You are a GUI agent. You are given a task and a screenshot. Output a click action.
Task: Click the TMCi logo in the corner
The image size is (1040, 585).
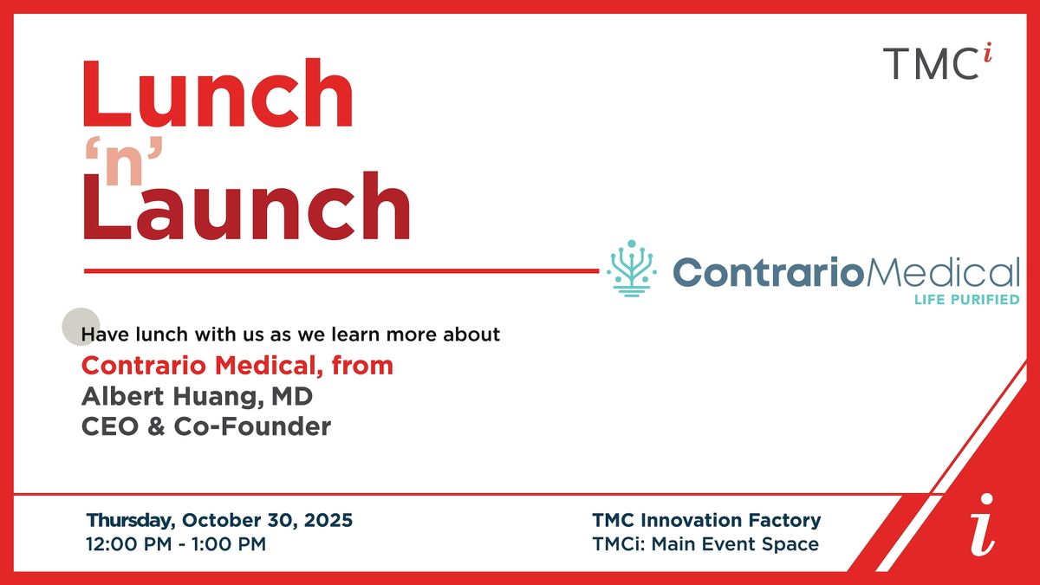coord(937,62)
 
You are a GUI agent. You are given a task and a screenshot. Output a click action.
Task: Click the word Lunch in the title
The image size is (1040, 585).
coord(218,93)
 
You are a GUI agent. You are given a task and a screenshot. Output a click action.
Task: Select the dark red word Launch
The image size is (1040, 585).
coord(246,205)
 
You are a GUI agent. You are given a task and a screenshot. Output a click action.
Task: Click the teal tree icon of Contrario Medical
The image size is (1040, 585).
coord(632,269)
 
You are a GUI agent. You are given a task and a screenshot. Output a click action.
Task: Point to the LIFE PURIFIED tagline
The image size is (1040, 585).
coord(966,300)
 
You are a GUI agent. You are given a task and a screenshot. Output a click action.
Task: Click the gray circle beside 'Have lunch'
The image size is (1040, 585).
coord(81,327)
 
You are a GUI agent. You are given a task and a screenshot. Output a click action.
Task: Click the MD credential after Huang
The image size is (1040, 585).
coord(292,396)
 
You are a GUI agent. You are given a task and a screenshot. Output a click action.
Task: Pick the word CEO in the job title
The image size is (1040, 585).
coord(110,426)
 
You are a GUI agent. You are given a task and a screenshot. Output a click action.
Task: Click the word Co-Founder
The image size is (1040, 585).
coord(252,426)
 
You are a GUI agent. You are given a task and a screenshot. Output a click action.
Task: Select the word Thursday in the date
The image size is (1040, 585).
coord(131,521)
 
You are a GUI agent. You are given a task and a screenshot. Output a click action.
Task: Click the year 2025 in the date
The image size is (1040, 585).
coord(328,520)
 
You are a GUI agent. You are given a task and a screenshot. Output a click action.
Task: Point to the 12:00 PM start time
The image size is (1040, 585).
coord(128,544)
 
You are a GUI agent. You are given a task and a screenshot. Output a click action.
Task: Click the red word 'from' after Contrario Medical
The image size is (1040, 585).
coord(362,365)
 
